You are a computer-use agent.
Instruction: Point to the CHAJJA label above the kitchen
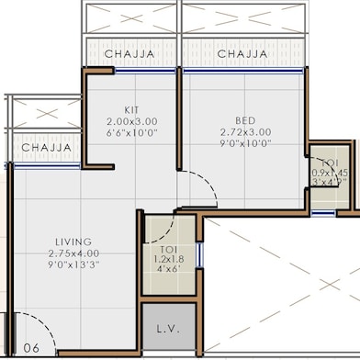[x=128, y=55]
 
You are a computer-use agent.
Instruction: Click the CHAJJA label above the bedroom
[x=242, y=55]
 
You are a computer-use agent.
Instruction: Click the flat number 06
[x=30, y=348]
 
